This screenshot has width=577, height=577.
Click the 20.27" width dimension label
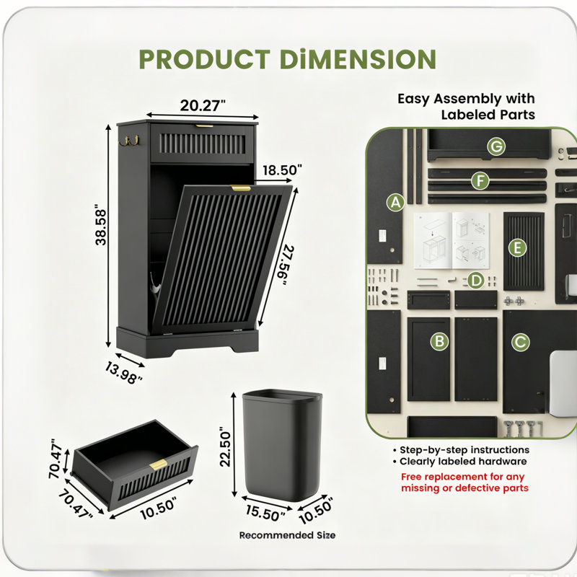point(203,105)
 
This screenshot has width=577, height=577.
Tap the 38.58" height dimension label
point(100,225)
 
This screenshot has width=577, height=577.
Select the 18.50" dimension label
point(282,170)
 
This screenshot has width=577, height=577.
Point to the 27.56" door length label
point(285,265)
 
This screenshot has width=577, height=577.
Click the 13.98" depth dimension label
point(123,373)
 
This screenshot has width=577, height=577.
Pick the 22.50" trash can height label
point(225,446)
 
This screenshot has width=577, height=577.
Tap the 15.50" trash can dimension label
point(265,513)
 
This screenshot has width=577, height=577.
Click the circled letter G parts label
point(496,146)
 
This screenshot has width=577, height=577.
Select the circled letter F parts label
point(480,181)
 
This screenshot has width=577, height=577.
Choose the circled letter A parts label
point(395,203)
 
